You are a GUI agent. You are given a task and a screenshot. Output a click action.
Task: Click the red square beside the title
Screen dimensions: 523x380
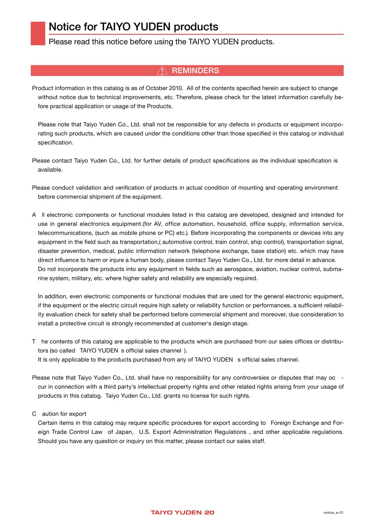[38, 33]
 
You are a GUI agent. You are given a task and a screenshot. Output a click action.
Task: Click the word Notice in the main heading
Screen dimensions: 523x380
[65, 27]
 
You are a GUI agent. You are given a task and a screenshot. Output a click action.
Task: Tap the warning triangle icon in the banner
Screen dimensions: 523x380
[162, 71]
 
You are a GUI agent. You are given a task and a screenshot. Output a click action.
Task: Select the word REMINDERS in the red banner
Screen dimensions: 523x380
[195, 71]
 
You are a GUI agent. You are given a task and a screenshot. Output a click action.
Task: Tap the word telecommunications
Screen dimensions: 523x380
[65, 233]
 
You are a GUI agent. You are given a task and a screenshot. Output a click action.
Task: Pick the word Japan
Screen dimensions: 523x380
[124, 432]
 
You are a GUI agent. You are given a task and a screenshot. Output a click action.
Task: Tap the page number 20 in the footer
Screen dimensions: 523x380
[209, 512]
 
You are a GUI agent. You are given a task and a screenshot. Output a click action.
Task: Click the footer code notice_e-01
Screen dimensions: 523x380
[333, 513]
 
